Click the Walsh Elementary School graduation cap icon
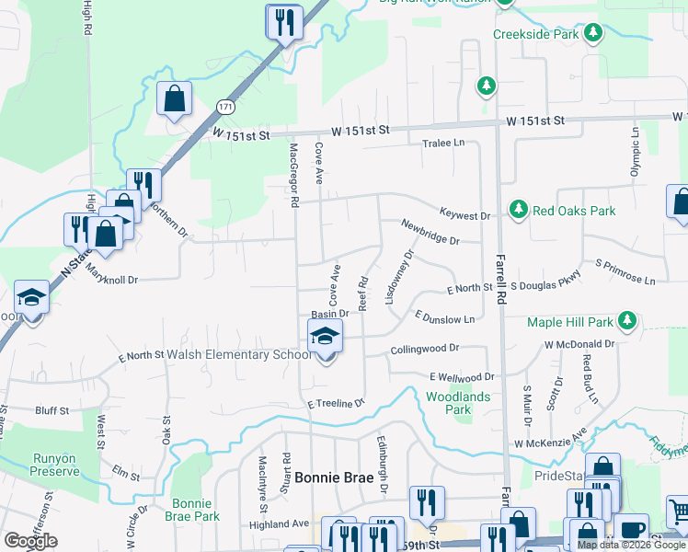pos(325,336)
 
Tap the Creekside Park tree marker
pos(594,34)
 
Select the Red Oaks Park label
pos(574,211)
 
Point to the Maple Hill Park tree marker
pos(628,321)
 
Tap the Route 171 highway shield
pos(226,108)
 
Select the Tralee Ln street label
pos(443,144)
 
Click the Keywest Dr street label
pos(465,215)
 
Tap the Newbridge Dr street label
pos(429,231)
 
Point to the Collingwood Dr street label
pos(424,350)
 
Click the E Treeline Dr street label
pos(337,403)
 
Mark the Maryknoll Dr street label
pos(112,275)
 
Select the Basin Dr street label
pos(330,314)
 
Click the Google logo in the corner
pos(30,541)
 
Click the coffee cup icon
pos(632,529)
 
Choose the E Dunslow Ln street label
pos(444,317)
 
